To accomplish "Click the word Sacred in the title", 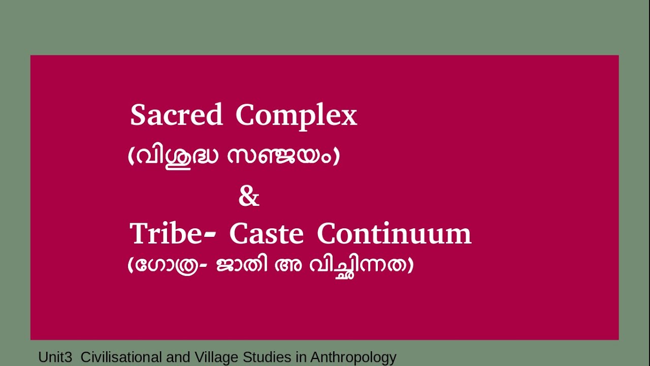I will click(176, 115).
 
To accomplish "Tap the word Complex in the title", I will click(296, 116).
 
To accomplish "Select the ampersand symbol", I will click(249, 197).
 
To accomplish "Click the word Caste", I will click(266, 234).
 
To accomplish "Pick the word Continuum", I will click(394, 234).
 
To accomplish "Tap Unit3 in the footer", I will click(55, 357).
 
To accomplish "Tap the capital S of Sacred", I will click(138, 115).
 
